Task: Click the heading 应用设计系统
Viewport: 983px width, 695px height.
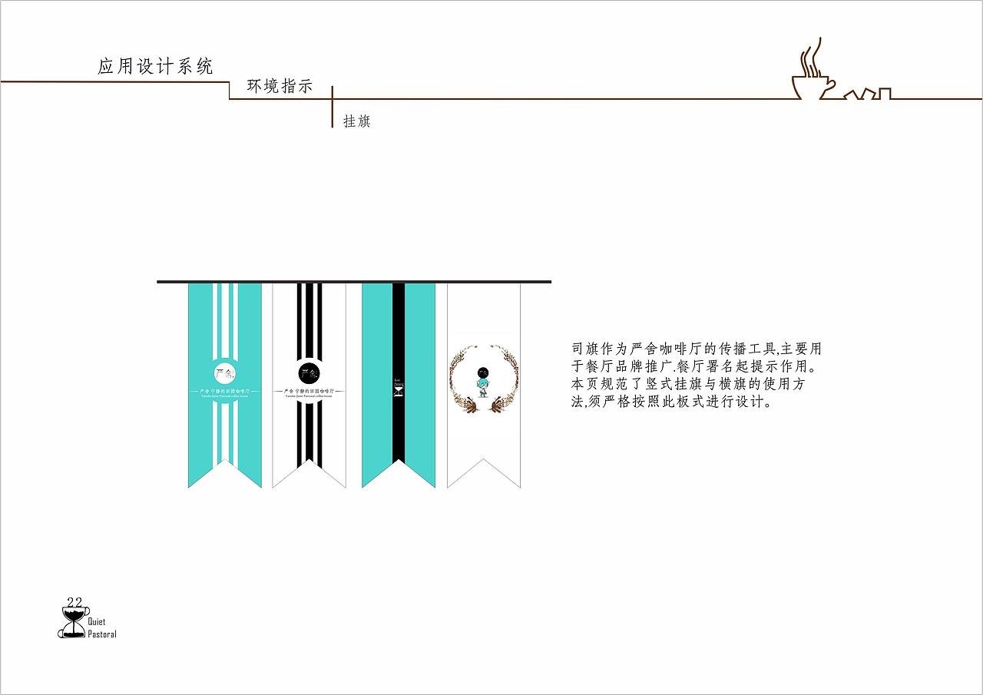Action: [x=155, y=67]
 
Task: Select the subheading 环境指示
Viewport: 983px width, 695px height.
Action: [x=280, y=87]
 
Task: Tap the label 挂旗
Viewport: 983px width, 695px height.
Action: [x=356, y=121]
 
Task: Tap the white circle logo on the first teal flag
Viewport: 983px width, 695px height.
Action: [x=224, y=374]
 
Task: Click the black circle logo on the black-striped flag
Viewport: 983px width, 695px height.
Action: [x=309, y=374]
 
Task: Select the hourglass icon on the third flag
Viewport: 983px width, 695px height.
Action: [x=398, y=390]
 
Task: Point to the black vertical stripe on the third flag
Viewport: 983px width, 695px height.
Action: [x=398, y=330]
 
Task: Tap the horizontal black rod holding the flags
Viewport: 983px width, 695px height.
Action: [x=354, y=282]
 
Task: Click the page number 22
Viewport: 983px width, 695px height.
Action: [x=74, y=601]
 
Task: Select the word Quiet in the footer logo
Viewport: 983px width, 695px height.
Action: [x=97, y=622]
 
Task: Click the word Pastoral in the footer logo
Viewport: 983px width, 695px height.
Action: [x=102, y=634]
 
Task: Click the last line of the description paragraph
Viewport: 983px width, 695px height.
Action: [x=670, y=402]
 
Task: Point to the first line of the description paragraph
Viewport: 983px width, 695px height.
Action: [x=697, y=349]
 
